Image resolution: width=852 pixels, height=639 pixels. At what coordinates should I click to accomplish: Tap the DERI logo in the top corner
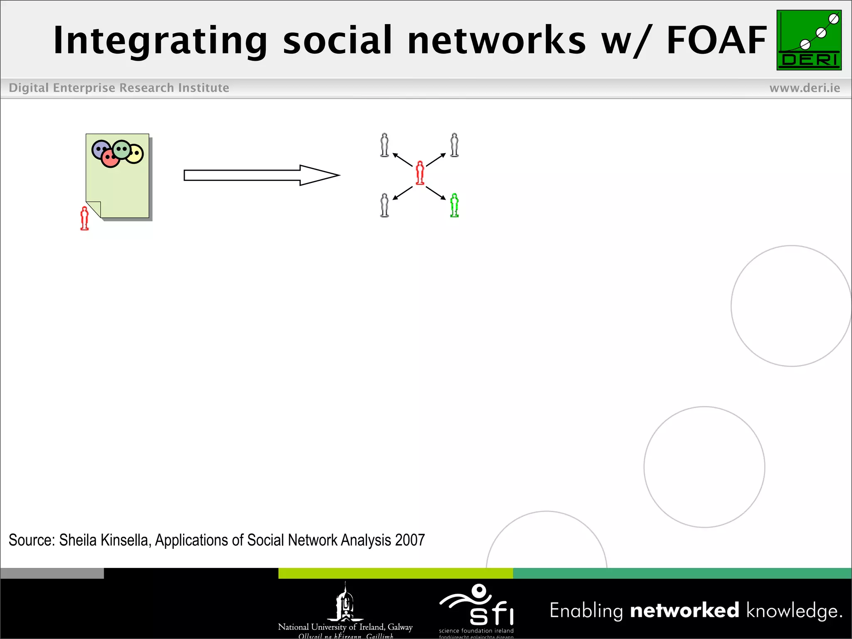click(809, 40)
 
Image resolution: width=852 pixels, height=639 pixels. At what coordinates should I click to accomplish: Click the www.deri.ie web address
click(805, 88)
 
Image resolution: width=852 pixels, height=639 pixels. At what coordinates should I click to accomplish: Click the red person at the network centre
click(420, 173)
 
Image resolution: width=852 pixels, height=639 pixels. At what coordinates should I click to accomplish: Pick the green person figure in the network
click(454, 205)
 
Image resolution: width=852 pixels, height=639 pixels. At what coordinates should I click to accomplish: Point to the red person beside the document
click(84, 218)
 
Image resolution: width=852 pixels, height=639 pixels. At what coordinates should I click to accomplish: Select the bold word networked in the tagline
click(684, 610)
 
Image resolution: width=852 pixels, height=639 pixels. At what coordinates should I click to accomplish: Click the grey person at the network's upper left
click(384, 145)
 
